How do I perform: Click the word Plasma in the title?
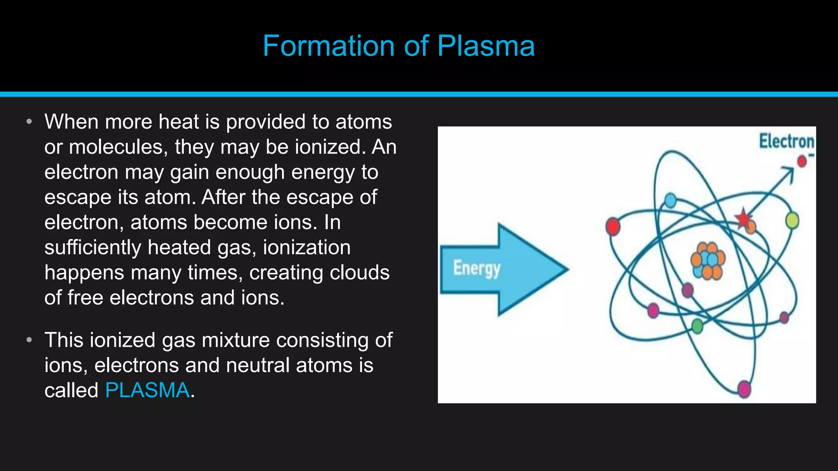pyautogui.click(x=486, y=46)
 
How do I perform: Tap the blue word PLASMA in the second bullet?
pyautogui.click(x=147, y=390)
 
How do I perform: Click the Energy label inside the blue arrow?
pyautogui.click(x=477, y=269)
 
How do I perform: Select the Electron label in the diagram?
pyautogui.click(x=786, y=141)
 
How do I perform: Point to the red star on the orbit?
pyautogui.click(x=743, y=218)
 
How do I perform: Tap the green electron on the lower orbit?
pyautogui.click(x=697, y=326)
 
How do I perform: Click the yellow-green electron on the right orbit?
pyautogui.click(x=792, y=221)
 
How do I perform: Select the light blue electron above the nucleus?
pyautogui.click(x=671, y=200)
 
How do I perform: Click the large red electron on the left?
pyautogui.click(x=613, y=226)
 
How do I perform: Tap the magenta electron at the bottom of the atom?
pyautogui.click(x=744, y=388)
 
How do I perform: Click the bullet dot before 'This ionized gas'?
pyautogui.click(x=29, y=340)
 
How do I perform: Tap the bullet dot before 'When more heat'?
pyautogui.click(x=29, y=122)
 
